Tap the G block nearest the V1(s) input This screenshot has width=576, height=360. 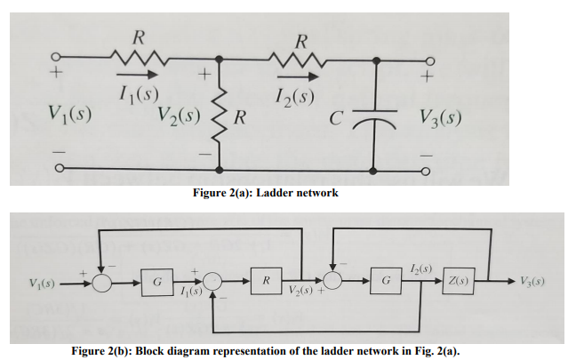point(156,283)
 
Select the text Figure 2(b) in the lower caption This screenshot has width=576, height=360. point(101,351)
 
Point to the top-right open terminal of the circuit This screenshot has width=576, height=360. point(428,60)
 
